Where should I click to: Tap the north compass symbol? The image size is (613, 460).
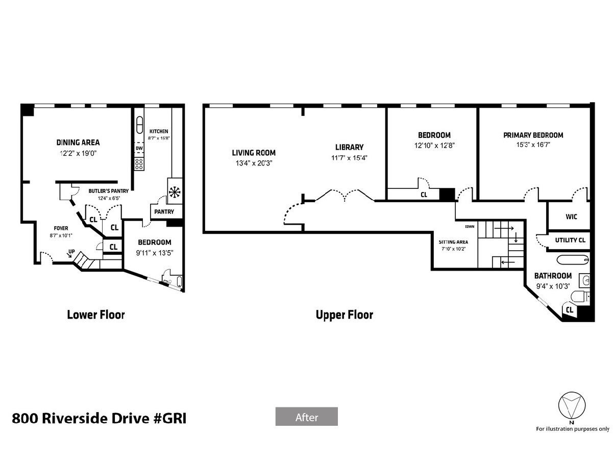point(571,405)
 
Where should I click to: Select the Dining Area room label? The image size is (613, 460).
point(78,142)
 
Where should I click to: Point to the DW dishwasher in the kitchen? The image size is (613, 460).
point(139,148)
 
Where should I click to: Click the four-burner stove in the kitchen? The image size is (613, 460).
point(139,164)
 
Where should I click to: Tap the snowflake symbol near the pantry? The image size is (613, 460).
point(175,192)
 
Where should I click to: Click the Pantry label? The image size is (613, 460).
point(164,212)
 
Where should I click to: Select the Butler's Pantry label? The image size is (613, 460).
point(109,191)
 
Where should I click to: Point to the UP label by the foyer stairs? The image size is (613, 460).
point(71,251)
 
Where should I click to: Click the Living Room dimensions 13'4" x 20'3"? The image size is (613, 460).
point(254,163)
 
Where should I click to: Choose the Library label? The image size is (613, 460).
point(349,147)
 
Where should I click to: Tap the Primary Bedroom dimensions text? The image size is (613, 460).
point(533,144)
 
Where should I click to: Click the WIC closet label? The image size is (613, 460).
point(571,216)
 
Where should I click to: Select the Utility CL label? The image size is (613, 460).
point(570,240)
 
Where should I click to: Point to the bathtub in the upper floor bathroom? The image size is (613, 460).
point(573,260)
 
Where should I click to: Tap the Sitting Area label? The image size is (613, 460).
point(453,242)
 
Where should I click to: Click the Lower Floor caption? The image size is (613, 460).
point(96,315)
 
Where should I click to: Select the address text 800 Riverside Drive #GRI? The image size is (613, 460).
point(99,418)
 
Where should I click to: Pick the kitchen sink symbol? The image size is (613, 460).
point(139,125)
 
